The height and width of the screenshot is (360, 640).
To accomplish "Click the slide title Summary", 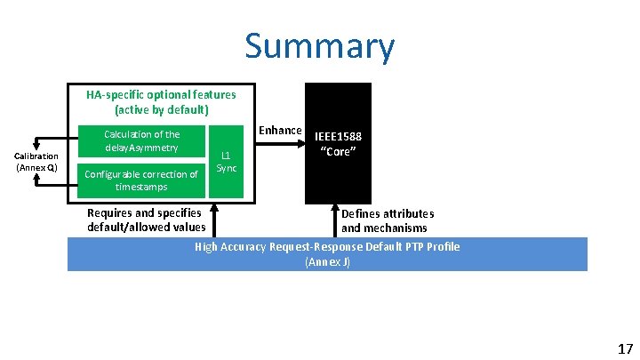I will tap(319, 47).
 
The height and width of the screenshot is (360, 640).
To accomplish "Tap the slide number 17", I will tap(624, 348).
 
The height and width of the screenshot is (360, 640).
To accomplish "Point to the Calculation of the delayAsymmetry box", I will tap(141, 140).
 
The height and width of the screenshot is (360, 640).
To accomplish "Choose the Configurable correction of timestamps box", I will tap(141, 180).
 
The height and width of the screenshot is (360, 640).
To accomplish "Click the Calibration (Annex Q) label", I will tap(36, 162).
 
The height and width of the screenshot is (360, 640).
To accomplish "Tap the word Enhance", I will tap(280, 131).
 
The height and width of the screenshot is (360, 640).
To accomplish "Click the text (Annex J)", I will tap(327, 262).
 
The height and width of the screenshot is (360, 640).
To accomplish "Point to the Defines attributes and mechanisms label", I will tap(388, 220).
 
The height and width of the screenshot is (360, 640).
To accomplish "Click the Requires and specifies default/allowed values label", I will tap(146, 220).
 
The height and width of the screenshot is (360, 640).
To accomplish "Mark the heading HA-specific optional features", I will tap(161, 94).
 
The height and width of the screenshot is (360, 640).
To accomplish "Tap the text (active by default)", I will tap(161, 110).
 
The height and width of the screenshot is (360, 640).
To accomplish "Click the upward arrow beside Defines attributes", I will tap(338, 218).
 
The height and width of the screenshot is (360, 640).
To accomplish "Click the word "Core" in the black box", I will tap(338, 152).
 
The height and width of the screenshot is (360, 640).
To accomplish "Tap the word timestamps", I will tap(141, 188).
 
